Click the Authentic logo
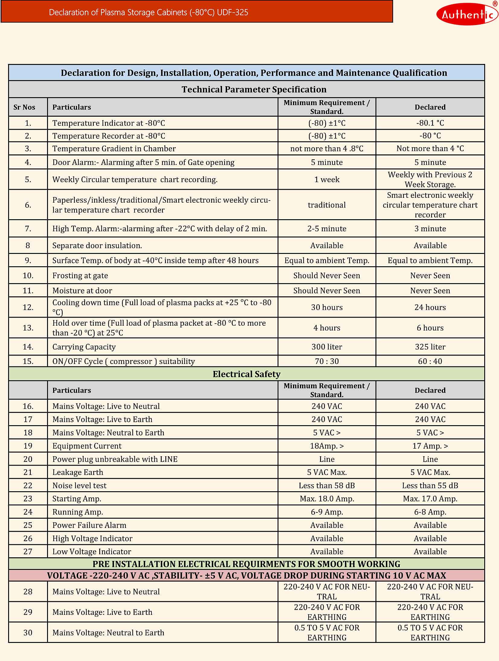pyautogui.click(x=466, y=14)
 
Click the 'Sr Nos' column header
pyautogui.click(x=24, y=107)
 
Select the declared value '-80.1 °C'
pyautogui.click(x=430, y=123)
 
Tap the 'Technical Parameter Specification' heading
pyautogui.click(x=254, y=89)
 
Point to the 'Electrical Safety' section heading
pyautogui.click(x=246, y=374)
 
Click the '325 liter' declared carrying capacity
pyautogui.click(x=430, y=347)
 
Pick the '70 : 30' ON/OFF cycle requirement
pyautogui.click(x=327, y=361)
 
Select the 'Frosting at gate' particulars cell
pyautogui.click(x=80, y=276)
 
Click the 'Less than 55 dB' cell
pyautogui.click(x=430, y=485)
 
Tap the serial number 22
pyautogui.click(x=28, y=485)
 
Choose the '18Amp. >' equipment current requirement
pyautogui.click(x=327, y=446)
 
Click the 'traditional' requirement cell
pyautogui.click(x=327, y=205)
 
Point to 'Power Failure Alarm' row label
pyautogui.click(x=89, y=525)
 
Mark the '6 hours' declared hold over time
pyautogui.click(x=430, y=328)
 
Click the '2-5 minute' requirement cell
pyautogui.click(x=327, y=229)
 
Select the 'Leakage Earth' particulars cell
pyautogui.click(x=78, y=472)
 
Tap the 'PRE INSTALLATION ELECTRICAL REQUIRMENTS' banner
pyautogui.click(x=246, y=564)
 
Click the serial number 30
pyautogui.click(x=28, y=632)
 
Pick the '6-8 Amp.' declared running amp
pyautogui.click(x=430, y=512)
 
